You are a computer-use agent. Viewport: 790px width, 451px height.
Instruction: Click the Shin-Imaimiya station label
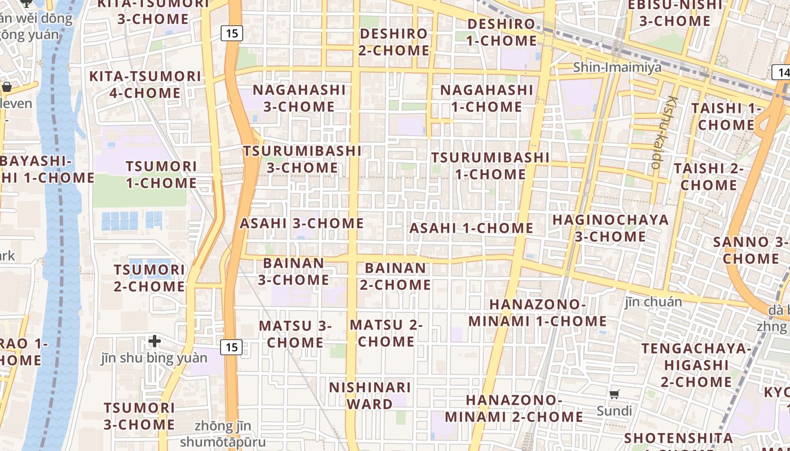pyautogui.click(x=617, y=68)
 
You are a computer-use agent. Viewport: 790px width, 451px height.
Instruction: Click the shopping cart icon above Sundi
pyautogui.click(x=615, y=394)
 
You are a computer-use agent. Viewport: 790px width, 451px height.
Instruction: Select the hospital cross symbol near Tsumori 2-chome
pyautogui.click(x=155, y=341)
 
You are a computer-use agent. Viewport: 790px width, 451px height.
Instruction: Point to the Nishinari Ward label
pyautogui.click(x=370, y=396)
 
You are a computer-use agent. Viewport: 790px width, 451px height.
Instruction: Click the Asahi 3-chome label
pyautogui.click(x=302, y=223)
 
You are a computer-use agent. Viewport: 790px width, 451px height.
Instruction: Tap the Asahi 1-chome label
pyautogui.click(x=471, y=228)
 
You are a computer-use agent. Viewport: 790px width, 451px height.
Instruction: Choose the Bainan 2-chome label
pyautogui.click(x=395, y=276)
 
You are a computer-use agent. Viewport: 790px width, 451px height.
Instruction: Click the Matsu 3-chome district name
pyautogui.click(x=295, y=334)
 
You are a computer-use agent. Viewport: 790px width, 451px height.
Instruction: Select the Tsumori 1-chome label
pyautogui.click(x=161, y=175)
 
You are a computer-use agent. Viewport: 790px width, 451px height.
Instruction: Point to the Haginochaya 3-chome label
pyautogui.click(x=611, y=228)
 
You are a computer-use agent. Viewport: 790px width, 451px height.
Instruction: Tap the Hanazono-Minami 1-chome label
pyautogui.click(x=537, y=313)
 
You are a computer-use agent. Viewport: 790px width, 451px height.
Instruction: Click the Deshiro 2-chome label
pyautogui.click(x=394, y=42)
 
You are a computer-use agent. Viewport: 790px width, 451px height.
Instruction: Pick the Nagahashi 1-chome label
pyautogui.click(x=486, y=98)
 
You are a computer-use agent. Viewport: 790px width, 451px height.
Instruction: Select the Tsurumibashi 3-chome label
pyautogui.click(x=302, y=160)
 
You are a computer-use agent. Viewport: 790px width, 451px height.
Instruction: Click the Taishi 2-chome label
pyautogui.click(x=708, y=176)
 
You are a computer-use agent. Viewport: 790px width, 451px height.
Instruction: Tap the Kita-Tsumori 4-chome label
pyautogui.click(x=145, y=85)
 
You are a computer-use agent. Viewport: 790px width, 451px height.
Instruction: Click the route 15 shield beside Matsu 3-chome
pyautogui.click(x=231, y=347)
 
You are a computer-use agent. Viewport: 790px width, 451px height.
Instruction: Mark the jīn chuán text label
pyautogui.click(x=653, y=302)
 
